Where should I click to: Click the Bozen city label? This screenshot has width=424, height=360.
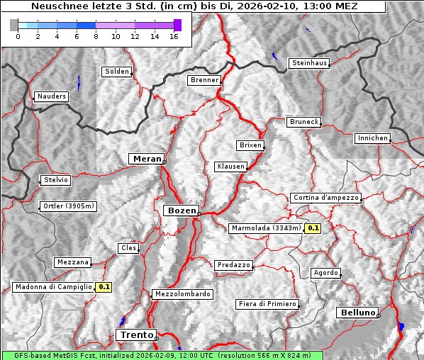click(x=180, y=210)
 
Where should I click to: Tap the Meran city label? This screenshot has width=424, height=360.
click(x=146, y=159)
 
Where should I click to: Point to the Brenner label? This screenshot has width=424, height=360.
click(x=205, y=80)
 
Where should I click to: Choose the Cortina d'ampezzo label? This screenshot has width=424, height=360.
click(x=325, y=198)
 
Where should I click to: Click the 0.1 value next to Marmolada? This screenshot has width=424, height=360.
click(x=313, y=228)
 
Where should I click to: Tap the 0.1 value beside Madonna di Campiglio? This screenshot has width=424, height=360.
click(x=104, y=287)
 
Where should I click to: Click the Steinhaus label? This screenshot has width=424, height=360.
click(x=310, y=63)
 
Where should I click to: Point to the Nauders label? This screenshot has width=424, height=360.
click(x=52, y=96)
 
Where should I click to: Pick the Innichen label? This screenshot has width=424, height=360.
click(x=372, y=138)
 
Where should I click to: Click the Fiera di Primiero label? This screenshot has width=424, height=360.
click(x=267, y=304)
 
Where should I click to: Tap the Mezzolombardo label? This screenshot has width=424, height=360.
click(x=182, y=294)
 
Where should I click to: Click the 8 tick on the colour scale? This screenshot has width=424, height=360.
click(x=96, y=36)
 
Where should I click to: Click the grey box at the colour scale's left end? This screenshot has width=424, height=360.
click(x=14, y=25)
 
